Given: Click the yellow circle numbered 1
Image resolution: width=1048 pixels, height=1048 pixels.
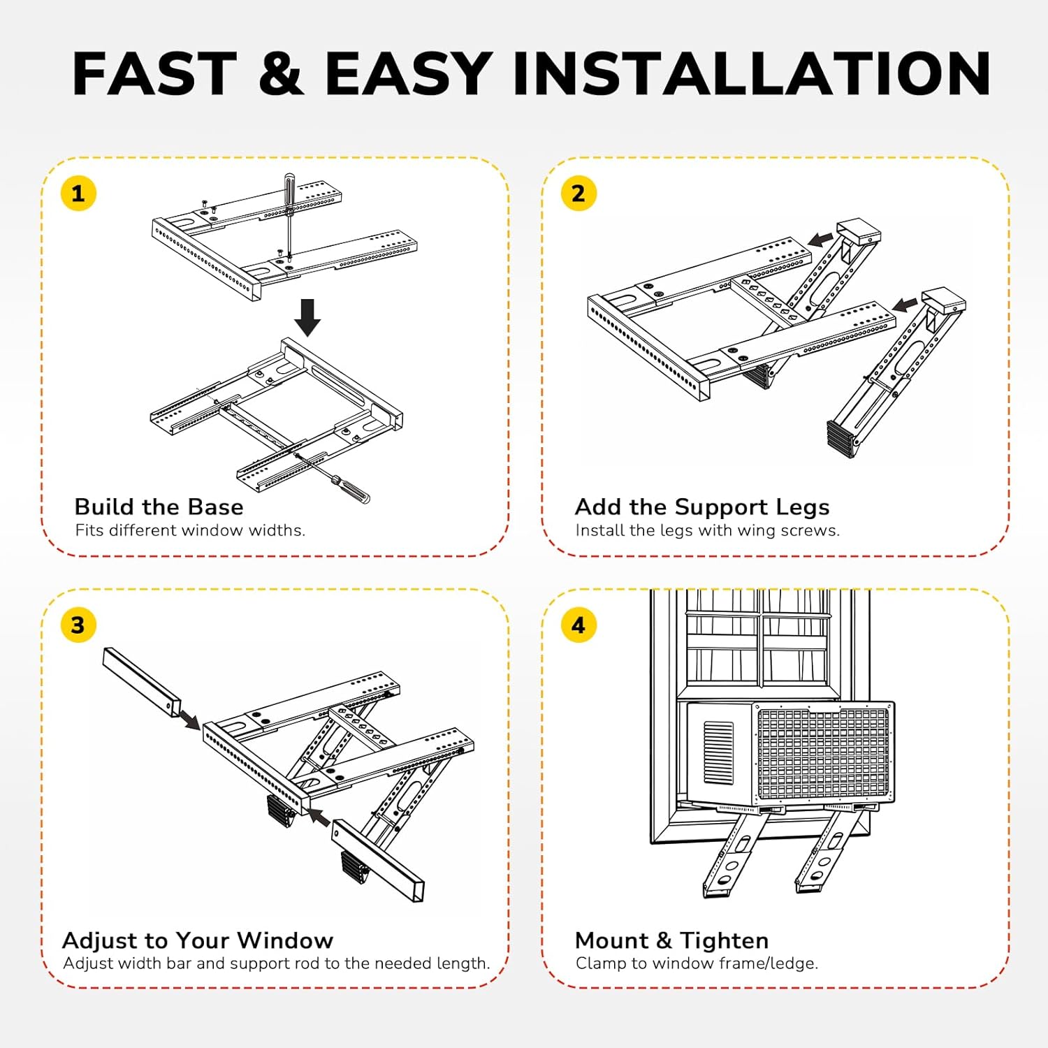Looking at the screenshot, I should pos(78,194).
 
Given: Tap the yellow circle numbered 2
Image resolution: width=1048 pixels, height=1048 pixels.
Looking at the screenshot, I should pos(578,194).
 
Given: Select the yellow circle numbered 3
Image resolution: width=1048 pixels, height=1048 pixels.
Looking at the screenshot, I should pos(78,625).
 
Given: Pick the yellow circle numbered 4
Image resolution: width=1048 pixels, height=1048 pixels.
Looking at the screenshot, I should pos(578,625).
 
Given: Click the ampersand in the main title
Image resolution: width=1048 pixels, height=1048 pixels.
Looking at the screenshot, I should pos(281,74).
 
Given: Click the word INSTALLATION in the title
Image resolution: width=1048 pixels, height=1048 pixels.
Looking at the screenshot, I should pos(751,74).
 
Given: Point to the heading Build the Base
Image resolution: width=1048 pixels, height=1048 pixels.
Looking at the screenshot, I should pos(159,507).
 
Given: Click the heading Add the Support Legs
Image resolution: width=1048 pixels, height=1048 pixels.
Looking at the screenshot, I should pos(701,507).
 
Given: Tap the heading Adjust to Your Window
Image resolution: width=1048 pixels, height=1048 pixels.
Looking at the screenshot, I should pos(198,940).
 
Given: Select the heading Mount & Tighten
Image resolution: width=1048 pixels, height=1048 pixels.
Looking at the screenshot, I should pos(671,940).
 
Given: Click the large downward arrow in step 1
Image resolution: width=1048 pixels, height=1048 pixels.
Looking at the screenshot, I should pos(307,317).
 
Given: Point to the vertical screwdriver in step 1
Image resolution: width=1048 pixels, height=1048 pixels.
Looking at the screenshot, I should pos(289,210).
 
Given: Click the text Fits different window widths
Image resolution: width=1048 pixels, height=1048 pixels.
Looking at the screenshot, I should pos(190,530).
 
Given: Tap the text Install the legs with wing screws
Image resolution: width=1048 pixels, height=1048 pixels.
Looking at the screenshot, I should pos(707,530).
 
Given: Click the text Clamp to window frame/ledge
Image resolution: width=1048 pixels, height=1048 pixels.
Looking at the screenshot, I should pos(697,963).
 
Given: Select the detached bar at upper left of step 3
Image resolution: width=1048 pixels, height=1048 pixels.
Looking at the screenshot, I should pos(142,681).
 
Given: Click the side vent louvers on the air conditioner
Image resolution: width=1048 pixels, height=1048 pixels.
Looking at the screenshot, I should pos(718,752).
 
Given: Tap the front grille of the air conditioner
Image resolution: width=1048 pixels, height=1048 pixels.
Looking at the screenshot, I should pos(823,753).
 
